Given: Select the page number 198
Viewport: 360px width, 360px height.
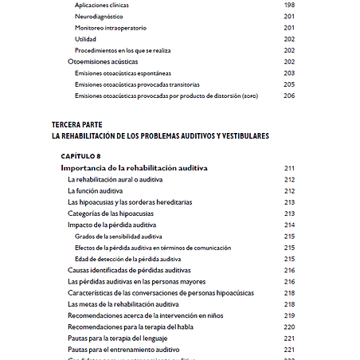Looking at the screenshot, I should pyautogui.click(x=288, y=5).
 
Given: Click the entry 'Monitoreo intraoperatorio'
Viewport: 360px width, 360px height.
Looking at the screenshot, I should pyautogui.click(x=111, y=27).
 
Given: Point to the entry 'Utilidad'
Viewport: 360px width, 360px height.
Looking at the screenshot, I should pyautogui.click(x=86, y=38).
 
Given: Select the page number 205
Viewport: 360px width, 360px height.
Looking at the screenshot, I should pyautogui.click(x=288, y=84).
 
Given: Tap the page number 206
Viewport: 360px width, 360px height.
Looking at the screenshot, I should pyautogui.click(x=288, y=96).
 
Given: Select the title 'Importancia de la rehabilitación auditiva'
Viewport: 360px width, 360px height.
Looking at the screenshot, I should pyautogui.click(x=134, y=168).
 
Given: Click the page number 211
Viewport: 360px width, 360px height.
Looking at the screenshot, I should pyautogui.click(x=288, y=168).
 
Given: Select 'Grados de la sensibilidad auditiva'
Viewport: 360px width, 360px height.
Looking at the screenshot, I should pyautogui.click(x=119, y=237).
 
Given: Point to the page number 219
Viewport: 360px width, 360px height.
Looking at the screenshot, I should pyautogui.click(x=288, y=315).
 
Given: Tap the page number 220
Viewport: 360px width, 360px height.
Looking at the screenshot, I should pyautogui.click(x=288, y=327).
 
